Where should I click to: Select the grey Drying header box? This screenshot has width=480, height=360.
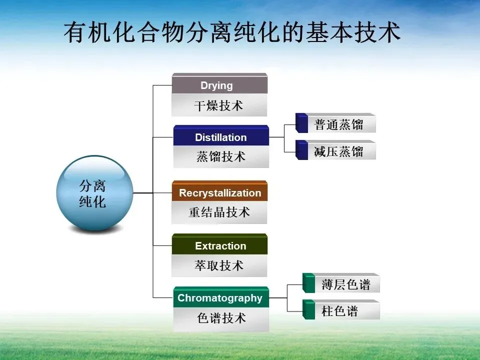pos(219,85)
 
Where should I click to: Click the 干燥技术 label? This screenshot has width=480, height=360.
pos(219,106)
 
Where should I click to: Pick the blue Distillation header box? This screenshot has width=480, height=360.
pos(221,137)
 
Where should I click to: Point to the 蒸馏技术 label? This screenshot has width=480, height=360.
pos(221,157)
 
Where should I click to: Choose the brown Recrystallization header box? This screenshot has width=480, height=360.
pos(220,193)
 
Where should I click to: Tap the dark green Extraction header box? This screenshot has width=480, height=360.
pos(220,245)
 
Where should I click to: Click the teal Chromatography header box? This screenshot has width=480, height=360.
pos(220,298)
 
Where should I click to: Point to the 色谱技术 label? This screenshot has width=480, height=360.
pos(221,318)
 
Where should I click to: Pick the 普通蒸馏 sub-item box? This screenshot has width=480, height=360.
pos(340,124)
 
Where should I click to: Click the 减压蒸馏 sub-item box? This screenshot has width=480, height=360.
pos(340,151)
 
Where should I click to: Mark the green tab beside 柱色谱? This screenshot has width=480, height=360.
pos(308,310)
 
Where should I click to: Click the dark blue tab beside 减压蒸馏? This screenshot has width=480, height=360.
pos(301,150)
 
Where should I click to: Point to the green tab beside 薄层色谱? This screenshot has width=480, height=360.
pos(308,283)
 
